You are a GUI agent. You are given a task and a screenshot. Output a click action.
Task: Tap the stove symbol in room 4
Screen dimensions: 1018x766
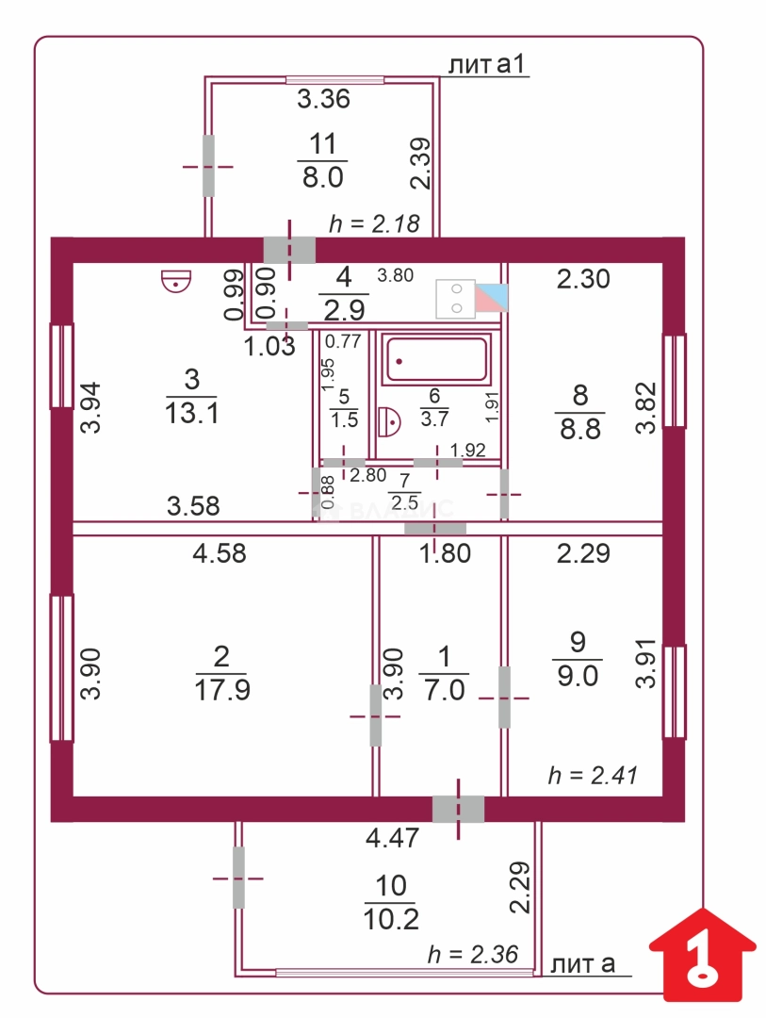coord(456,299)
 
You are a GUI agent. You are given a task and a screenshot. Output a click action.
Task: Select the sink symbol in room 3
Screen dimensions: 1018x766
coord(177,280)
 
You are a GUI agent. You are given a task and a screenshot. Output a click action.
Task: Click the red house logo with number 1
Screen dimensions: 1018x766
coord(703,955)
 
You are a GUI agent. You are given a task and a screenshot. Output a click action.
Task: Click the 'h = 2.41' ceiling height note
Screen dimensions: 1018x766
coord(593,776)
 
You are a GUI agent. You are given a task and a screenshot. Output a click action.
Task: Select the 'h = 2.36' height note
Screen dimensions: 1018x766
coord(472,954)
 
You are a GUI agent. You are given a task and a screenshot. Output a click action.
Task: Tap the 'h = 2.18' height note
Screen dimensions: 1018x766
coord(371,223)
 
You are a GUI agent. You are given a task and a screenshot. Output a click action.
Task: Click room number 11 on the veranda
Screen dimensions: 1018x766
coord(322,144)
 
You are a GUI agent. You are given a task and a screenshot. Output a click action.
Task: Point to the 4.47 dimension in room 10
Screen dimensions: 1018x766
coord(393,835)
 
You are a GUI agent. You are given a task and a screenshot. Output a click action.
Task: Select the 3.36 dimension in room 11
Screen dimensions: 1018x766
coord(324,99)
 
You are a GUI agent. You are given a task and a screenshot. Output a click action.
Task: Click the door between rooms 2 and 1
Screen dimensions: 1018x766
coord(375,715)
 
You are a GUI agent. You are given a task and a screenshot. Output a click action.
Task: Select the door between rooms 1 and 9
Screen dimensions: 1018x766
coord(504,698)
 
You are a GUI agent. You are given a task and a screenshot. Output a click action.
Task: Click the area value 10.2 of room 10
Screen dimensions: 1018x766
coord(390,919)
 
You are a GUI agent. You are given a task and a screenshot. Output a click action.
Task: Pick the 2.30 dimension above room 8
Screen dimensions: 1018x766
coord(583,278)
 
